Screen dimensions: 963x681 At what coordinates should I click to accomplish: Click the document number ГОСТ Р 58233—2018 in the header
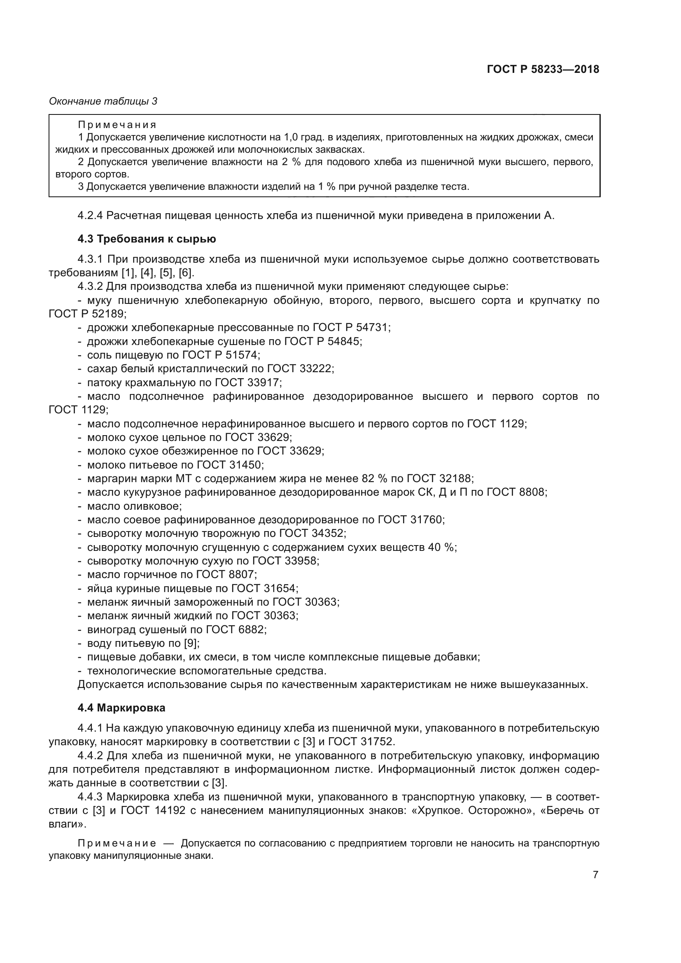click(x=543, y=69)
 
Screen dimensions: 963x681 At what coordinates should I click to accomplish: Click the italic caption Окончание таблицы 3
click(x=103, y=101)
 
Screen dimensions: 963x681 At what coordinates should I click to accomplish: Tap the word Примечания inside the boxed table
click(x=117, y=125)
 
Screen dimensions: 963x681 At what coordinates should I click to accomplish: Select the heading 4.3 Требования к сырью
click(x=147, y=239)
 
